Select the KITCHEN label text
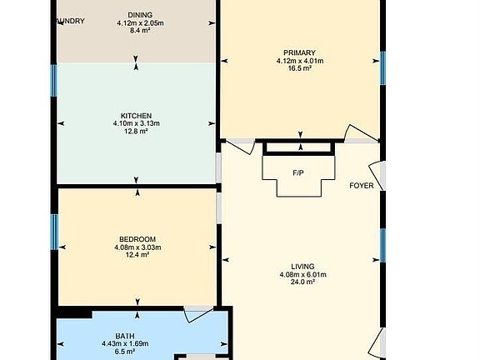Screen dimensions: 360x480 pyautogui.click(x=137, y=115)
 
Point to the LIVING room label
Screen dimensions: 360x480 pyautogui.click(x=302, y=266)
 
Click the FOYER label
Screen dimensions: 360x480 pyautogui.click(x=361, y=185)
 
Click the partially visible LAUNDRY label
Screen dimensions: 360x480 pyautogui.click(x=69, y=22)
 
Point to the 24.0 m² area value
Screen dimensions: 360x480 pyautogui.click(x=302, y=282)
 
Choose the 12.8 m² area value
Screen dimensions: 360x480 pyautogui.click(x=137, y=132)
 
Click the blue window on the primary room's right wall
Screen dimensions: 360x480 pyautogui.click(x=383, y=67)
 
